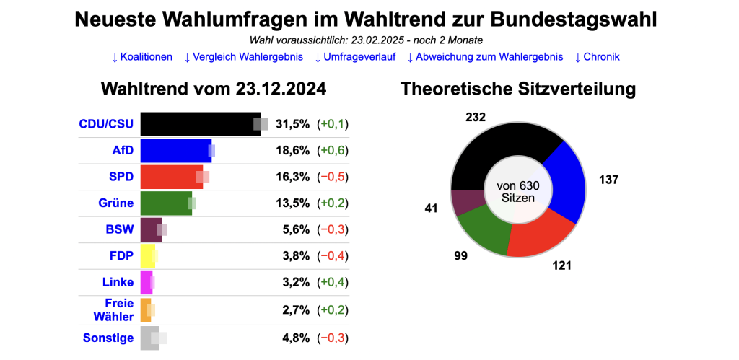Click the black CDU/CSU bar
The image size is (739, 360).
click(x=199, y=124)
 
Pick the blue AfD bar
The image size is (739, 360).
click(x=175, y=150)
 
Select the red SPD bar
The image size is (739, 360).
click(x=170, y=177)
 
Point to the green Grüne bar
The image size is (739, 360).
click(x=165, y=203)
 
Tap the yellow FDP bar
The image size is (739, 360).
click(x=147, y=256)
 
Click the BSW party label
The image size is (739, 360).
click(x=119, y=230)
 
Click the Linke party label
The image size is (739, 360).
click(x=118, y=283)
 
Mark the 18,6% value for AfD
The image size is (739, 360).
click(x=292, y=150)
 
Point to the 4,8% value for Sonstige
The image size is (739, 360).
click(x=295, y=337)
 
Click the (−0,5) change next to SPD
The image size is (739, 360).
click(x=333, y=177)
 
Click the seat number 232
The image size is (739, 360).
click(x=476, y=117)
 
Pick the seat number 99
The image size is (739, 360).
click(x=459, y=255)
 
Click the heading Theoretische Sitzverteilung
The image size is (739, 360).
click(x=517, y=89)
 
